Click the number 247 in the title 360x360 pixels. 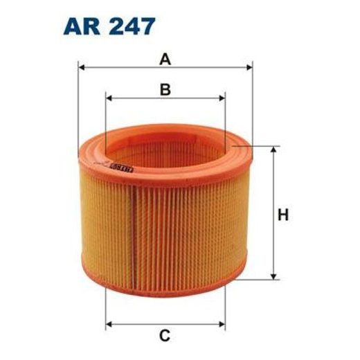pyautogui.click(x=129, y=26)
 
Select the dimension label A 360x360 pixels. pyautogui.click(x=165, y=60)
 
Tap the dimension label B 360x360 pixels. pyautogui.click(x=165, y=89)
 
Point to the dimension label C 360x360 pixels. pyautogui.click(x=165, y=337)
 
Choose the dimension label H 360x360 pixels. pyautogui.click(x=282, y=215)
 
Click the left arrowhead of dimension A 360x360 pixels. pyautogui.click(x=82, y=68)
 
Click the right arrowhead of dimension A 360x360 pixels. pyautogui.click(x=249, y=68)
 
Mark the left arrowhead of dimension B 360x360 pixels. pyautogui.click(x=109, y=98)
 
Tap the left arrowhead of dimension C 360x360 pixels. pyautogui.click(x=109, y=323)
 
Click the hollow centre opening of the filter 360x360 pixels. pyautogui.click(x=166, y=149)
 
